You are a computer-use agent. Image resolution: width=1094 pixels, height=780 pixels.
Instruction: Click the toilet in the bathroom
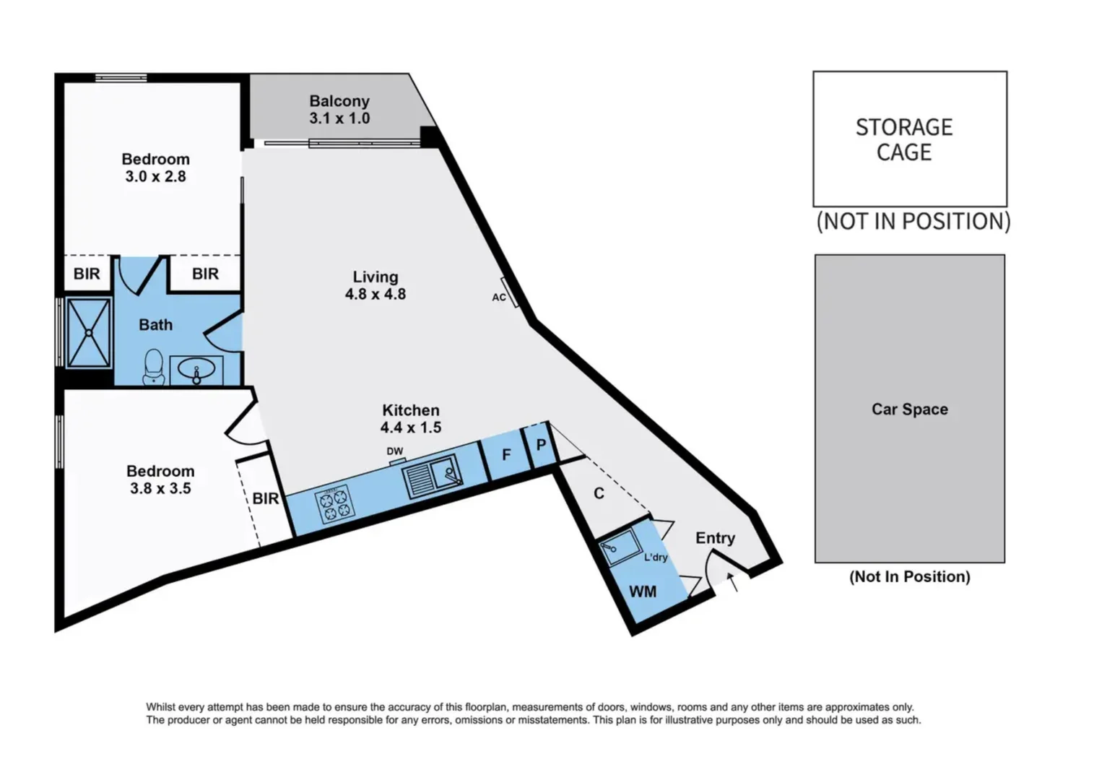[154, 366]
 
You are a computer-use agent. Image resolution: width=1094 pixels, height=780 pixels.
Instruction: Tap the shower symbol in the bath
[88, 332]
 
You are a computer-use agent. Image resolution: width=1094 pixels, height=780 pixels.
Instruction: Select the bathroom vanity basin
[196, 371]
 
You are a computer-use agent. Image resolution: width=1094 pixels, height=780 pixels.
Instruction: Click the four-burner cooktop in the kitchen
[335, 503]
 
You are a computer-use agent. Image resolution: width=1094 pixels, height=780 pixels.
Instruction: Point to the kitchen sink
[431, 476]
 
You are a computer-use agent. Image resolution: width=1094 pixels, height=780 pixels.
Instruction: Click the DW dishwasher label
[395, 451]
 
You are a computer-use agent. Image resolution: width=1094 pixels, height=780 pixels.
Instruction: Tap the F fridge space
[506, 454]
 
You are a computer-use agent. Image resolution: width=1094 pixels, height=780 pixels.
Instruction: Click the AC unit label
[499, 297]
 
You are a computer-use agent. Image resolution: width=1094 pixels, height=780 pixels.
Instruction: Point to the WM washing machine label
[643, 592]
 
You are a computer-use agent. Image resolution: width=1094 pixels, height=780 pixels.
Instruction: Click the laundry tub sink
[620, 547]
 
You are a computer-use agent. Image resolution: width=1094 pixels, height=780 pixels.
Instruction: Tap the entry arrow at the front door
[733, 581]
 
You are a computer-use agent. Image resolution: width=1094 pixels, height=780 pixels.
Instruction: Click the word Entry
[715, 538]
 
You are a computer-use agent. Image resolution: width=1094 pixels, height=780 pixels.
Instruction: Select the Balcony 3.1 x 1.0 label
[339, 110]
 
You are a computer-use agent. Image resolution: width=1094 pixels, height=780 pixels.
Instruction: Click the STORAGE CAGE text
[904, 139]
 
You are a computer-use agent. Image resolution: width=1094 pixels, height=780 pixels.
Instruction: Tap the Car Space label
[909, 409]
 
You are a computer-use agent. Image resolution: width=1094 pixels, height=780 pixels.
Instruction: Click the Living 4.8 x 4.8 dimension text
[375, 294]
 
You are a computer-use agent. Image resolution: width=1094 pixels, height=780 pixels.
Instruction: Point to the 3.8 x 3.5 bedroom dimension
[160, 488]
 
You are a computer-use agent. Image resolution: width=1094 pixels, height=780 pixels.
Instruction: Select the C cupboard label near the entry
[599, 493]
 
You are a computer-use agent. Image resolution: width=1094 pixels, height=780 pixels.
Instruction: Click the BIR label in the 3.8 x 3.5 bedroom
[265, 498]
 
